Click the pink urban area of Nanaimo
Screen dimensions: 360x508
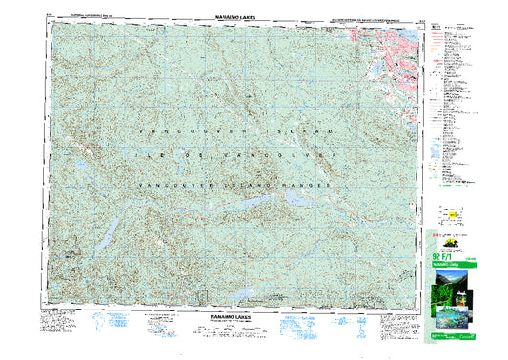[x=391, y=48]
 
